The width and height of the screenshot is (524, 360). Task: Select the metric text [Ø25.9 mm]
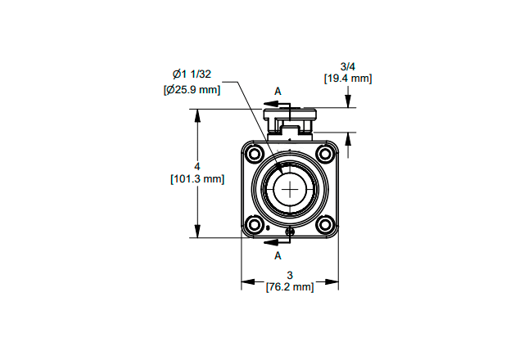(192, 89)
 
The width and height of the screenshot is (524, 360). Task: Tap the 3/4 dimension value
(347, 65)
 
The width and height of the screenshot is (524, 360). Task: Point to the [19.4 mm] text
(347, 79)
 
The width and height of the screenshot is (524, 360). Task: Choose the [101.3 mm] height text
(196, 178)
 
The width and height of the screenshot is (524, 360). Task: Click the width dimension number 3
(290, 275)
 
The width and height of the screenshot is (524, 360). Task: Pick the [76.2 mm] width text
(290, 287)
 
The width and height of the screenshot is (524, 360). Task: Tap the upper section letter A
(278, 91)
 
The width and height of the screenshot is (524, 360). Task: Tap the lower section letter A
(278, 254)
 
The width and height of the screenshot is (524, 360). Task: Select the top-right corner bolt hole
(325, 154)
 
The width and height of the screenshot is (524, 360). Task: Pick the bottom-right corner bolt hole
(325, 225)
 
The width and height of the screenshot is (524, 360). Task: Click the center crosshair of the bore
(290, 190)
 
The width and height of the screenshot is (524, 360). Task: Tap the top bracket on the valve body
(290, 120)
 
